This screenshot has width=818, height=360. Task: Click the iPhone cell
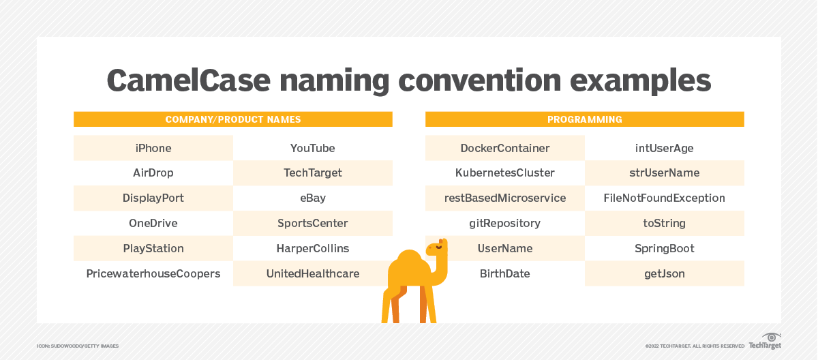tap(153, 148)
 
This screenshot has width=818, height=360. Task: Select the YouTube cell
tap(313, 148)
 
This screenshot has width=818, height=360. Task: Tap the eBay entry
tap(313, 198)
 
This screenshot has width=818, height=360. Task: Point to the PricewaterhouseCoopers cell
tap(153, 273)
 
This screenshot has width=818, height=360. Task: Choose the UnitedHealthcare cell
tap(313, 273)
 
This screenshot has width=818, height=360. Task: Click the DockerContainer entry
tap(505, 148)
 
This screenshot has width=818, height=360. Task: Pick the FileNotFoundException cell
tap(664, 198)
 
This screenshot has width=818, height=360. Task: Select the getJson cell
tap(664, 273)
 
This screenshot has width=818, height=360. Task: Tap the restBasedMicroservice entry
tap(505, 198)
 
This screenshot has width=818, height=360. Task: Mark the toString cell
tap(664, 223)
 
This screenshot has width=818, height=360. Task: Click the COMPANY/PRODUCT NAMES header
tap(233, 119)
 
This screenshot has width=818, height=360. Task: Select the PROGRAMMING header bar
tap(585, 119)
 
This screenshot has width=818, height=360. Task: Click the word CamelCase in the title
tap(188, 80)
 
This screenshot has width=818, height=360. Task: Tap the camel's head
tap(437, 248)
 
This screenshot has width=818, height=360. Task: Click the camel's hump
tap(409, 260)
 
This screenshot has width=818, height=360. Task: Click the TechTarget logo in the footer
tap(765, 341)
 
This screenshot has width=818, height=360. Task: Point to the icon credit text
tap(78, 346)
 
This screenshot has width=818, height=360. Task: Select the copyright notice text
tap(695, 346)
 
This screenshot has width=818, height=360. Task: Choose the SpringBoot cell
tap(664, 248)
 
